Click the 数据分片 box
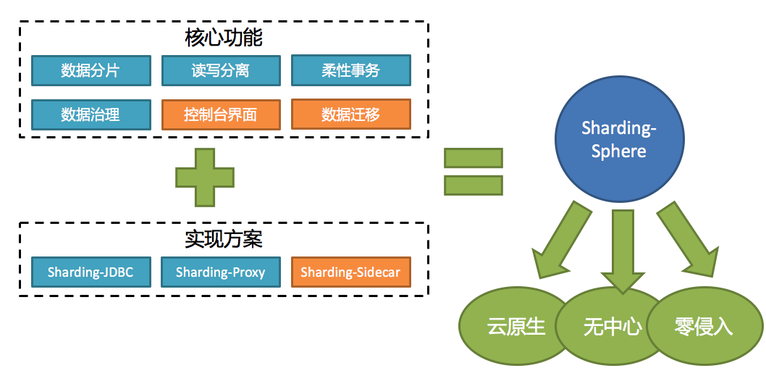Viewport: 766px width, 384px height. [91, 70]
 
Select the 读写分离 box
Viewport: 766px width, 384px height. [221, 70]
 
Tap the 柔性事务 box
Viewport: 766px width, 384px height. [350, 70]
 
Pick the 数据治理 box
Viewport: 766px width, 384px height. [91, 115]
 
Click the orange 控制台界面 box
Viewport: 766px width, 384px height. [221, 115]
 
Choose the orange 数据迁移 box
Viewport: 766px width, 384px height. [350, 114]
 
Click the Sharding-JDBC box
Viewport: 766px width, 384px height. [91, 272]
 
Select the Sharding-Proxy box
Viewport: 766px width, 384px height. [221, 272]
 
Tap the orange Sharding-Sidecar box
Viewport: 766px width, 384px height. [350, 272]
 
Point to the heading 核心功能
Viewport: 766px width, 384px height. [224, 38]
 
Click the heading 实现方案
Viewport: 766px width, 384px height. [224, 238]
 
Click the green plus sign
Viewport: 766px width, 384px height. [205, 178]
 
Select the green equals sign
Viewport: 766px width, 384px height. [474, 172]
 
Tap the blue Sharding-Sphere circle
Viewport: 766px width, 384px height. [620, 139]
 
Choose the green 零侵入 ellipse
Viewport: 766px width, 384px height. [704, 326]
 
